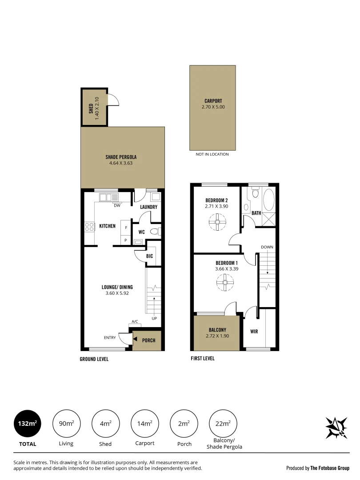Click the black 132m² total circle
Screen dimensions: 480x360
pos(28,424)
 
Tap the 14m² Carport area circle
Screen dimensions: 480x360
pos(145,424)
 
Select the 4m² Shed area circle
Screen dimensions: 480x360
pos(106,424)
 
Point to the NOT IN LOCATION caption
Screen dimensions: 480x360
pos(212,154)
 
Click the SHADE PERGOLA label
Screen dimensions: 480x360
pos(121,157)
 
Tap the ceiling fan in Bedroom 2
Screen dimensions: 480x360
pos(218,222)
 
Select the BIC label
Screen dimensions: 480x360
pos(149,256)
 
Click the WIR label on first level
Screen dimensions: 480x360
pos(254,332)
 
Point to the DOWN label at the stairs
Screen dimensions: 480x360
pos(267,247)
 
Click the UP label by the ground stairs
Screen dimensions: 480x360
pos(154,318)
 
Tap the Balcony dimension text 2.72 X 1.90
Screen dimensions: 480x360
pos(217,336)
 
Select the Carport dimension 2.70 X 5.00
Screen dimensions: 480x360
pos(213,107)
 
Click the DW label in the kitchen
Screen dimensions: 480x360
pos(117,205)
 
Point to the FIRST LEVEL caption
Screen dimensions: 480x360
pos(202,358)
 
